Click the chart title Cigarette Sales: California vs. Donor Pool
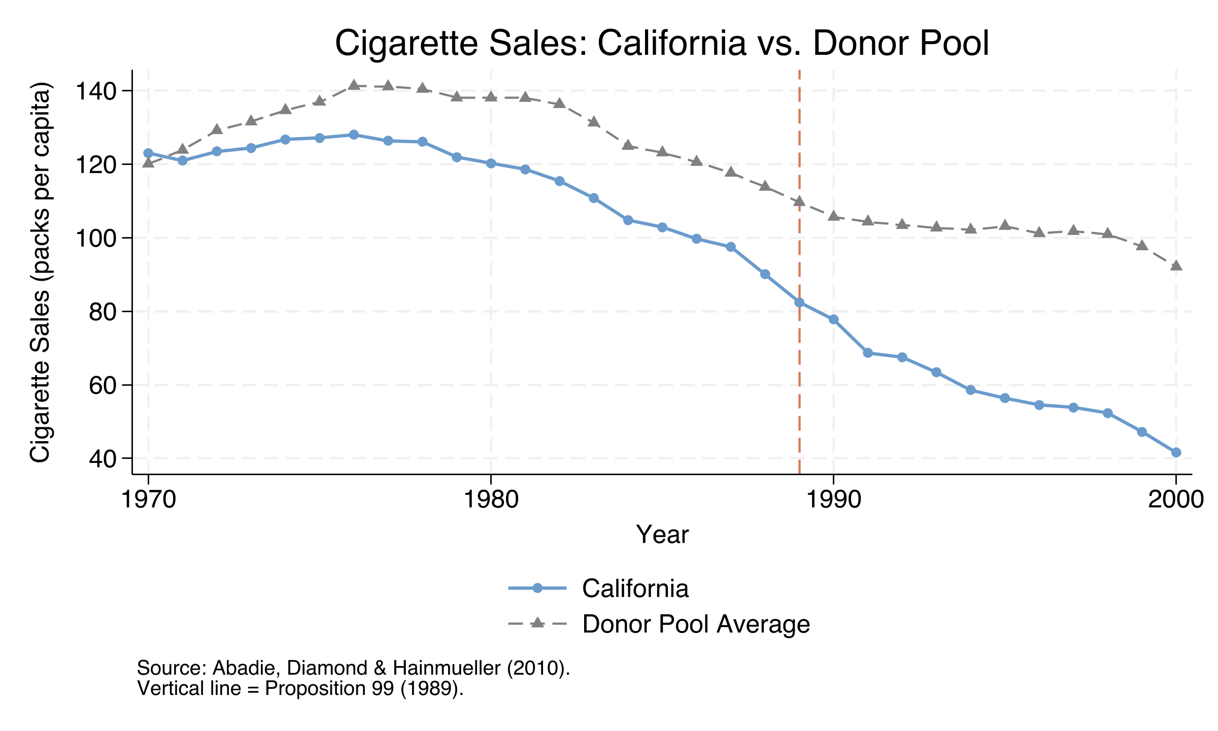pyautogui.click(x=662, y=44)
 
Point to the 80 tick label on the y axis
pyautogui.click(x=103, y=312)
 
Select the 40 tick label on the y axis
pyautogui.click(x=103, y=459)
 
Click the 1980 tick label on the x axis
pyautogui.click(x=491, y=500)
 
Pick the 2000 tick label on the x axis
pyautogui.click(x=1175, y=500)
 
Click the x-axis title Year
pyautogui.click(x=662, y=535)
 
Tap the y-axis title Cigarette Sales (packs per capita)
pyautogui.click(x=41, y=272)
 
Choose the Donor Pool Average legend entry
pyautogui.click(x=695, y=624)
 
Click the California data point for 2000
pyautogui.click(x=1176, y=452)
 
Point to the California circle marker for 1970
pyautogui.click(x=148, y=153)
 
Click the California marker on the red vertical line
pyautogui.click(x=799, y=303)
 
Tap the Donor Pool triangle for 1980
pyautogui.click(x=491, y=96)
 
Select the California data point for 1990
pyautogui.click(x=833, y=319)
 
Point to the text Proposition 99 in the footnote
pyautogui.click(x=330, y=689)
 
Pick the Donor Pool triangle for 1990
pyautogui.click(x=833, y=216)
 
